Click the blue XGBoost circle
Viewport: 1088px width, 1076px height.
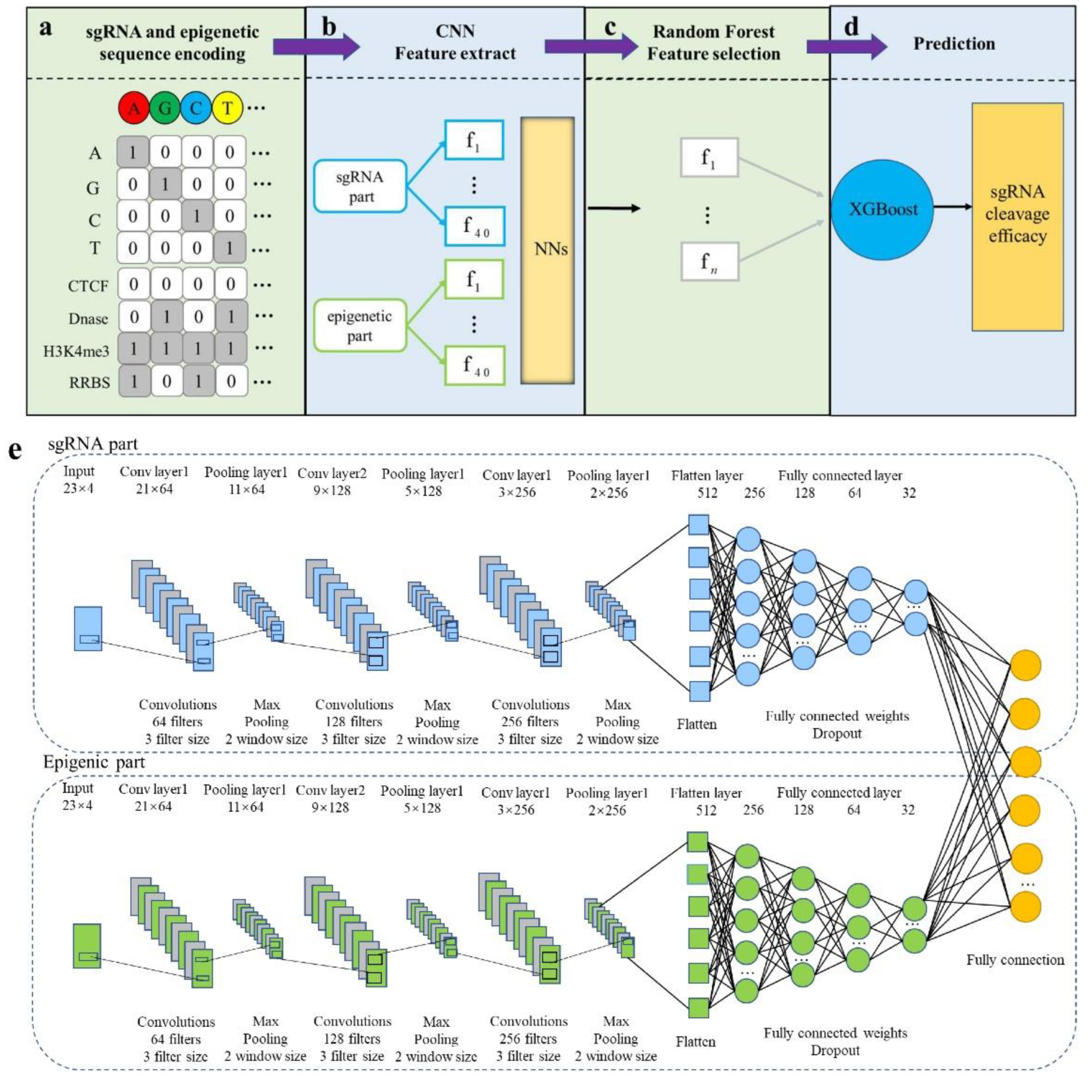click(x=882, y=210)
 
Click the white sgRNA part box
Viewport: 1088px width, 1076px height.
click(x=360, y=186)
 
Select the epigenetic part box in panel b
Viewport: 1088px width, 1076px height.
click(x=360, y=326)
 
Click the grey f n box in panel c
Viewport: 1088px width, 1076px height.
click(x=709, y=262)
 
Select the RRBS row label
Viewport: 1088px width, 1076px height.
click(x=89, y=383)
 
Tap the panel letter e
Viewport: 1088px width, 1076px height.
click(x=15, y=451)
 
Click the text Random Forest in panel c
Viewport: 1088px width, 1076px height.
click(x=714, y=32)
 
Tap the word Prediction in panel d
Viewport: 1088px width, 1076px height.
click(x=954, y=43)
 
